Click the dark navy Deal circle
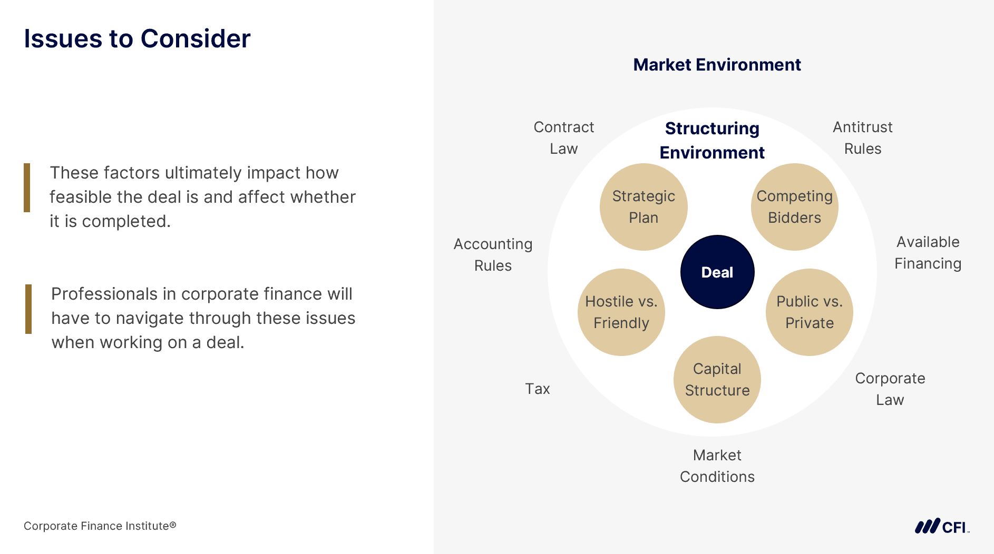pyautogui.click(x=717, y=272)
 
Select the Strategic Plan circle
pyautogui.click(x=643, y=206)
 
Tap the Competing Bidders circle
pyautogui.click(x=794, y=206)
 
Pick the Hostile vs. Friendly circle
pyautogui.click(x=621, y=312)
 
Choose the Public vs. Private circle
pyautogui.click(x=809, y=312)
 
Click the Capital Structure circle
pyautogui.click(x=717, y=379)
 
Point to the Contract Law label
pyautogui.click(x=563, y=137)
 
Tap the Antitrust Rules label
pyautogui.click(x=862, y=137)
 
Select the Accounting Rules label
pyautogui.click(x=493, y=254)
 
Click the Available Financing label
pyautogui.click(x=928, y=252)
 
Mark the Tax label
pyautogui.click(x=537, y=389)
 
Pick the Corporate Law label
pyautogui.click(x=890, y=389)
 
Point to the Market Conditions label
pyautogui.click(x=717, y=466)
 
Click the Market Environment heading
pyautogui.click(x=717, y=65)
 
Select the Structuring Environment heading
pyautogui.click(x=712, y=140)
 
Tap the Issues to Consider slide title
pyautogui.click(x=137, y=38)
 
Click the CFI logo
pyautogui.click(x=942, y=526)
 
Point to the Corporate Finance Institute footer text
pyautogui.click(x=100, y=526)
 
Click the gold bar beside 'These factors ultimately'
pyautogui.click(x=27, y=187)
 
